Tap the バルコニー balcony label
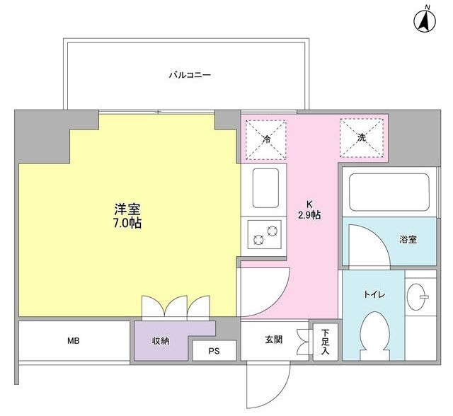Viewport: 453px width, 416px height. coord(190,74)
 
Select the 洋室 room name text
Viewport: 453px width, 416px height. coord(127,209)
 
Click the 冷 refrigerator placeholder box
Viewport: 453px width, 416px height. coord(267,137)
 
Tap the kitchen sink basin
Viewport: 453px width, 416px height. coord(265,187)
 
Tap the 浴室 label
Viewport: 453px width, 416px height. coord(407,240)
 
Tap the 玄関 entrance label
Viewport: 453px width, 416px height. coord(273,340)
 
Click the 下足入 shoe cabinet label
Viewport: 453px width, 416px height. coord(324,341)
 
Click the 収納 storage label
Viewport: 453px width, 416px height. coord(161,341)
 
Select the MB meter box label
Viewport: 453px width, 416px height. coord(73,341)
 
